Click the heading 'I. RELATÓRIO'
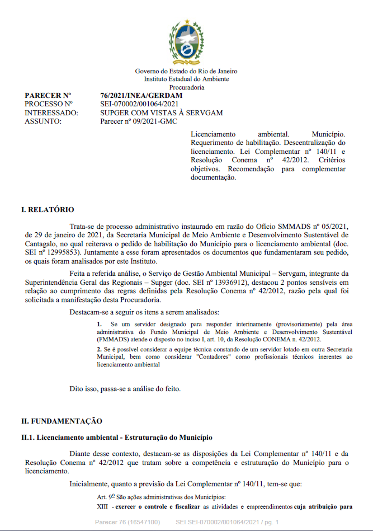tap(48, 210)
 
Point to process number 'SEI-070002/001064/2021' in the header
tap(139, 104)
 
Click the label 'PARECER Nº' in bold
tap(48, 96)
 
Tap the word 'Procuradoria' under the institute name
tap(186, 87)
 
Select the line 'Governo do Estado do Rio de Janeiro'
tap(186, 71)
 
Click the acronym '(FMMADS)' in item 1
tap(111, 339)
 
